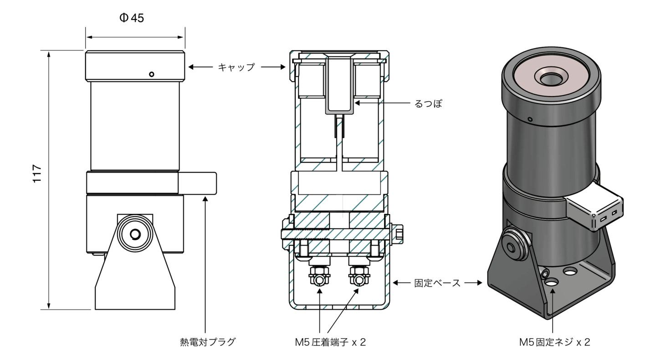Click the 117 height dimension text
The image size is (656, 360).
37,174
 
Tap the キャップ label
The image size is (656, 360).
236,67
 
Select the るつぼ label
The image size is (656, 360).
428,103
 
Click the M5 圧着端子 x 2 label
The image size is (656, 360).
330,342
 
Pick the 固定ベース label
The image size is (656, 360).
437,283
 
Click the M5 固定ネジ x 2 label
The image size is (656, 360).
555,342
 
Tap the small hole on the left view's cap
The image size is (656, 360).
152,74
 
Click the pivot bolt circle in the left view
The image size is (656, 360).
135,234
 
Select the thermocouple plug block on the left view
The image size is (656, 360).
197,183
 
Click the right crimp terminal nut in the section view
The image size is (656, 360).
359,277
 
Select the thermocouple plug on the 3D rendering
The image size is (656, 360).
594,207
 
